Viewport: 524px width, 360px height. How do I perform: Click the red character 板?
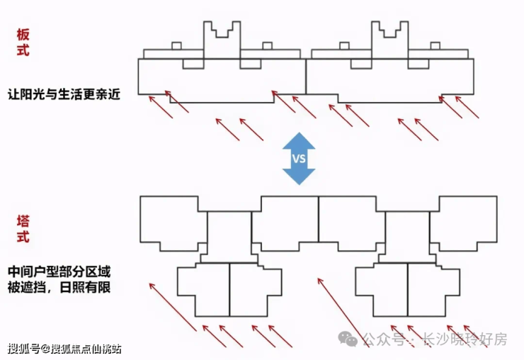coord(23,33)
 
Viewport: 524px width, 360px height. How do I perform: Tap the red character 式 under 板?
coord(23,51)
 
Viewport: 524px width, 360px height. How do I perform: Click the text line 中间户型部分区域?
coord(59,272)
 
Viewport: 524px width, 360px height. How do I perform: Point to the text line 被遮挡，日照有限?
coord(59,288)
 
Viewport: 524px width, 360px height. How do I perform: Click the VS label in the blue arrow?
coord(299,158)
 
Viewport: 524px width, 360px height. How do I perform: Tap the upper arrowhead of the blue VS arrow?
coord(299,140)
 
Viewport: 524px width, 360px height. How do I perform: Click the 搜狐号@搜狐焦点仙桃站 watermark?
coord(64,348)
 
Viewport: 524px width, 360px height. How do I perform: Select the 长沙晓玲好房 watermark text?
coord(465,339)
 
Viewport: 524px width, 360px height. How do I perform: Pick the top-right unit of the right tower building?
coord(464,223)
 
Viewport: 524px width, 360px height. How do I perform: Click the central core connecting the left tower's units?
coord(229,237)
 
